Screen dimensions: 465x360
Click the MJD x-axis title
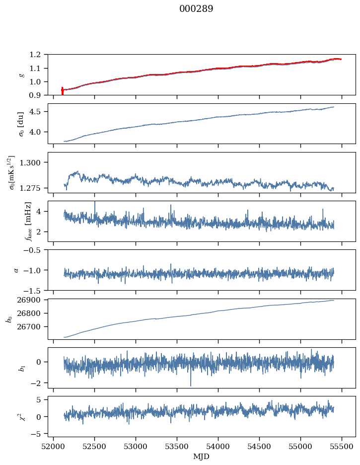click(202, 457)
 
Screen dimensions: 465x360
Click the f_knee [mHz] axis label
click(15, 221)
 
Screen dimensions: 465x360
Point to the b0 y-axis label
click(8, 318)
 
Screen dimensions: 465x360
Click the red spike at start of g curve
click(62, 90)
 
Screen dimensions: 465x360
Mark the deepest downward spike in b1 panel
click(190, 385)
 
